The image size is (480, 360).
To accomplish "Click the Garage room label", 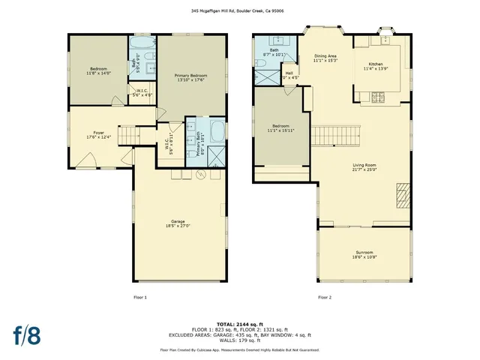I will tap(178, 223).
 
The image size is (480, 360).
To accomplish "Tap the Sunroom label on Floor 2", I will tap(364, 254).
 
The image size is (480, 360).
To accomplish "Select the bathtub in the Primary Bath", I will tap(217, 133).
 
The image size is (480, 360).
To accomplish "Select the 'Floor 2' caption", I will tap(324, 297).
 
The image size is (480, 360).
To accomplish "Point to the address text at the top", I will tap(239, 11).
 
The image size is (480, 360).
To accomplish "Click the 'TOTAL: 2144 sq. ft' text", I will tap(239, 319).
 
